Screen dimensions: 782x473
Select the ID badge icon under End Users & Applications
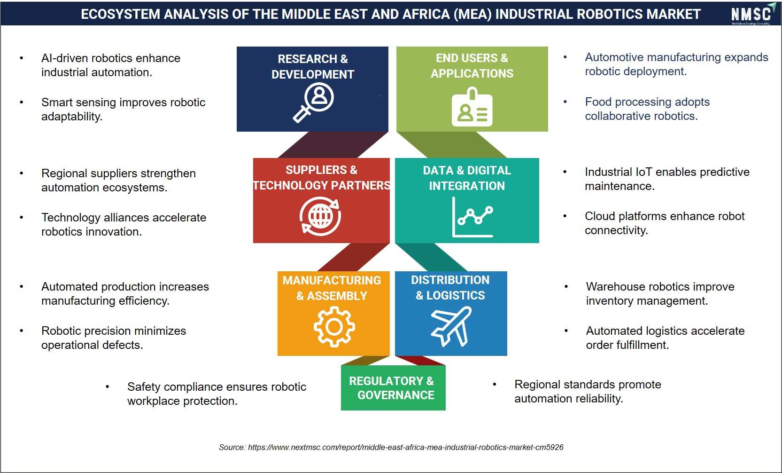point(472,107)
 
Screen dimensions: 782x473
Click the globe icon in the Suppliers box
point(320,216)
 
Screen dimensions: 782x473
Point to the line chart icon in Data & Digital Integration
point(472,217)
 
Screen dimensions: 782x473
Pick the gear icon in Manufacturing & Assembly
point(334,327)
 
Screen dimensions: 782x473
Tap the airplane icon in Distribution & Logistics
point(451,326)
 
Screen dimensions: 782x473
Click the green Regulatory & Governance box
point(393,388)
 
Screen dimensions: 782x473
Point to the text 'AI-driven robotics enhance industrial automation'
point(111,65)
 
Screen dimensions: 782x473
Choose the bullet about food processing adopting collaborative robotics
point(647,109)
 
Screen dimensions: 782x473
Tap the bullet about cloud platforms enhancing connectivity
point(665,223)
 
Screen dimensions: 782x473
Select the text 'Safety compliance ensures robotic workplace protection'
point(217,394)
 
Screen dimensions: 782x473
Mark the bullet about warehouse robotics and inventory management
point(660,294)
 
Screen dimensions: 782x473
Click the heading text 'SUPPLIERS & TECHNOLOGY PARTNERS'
point(322,178)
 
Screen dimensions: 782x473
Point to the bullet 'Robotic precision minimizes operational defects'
point(114,338)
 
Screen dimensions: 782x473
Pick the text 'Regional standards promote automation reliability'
point(588,391)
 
